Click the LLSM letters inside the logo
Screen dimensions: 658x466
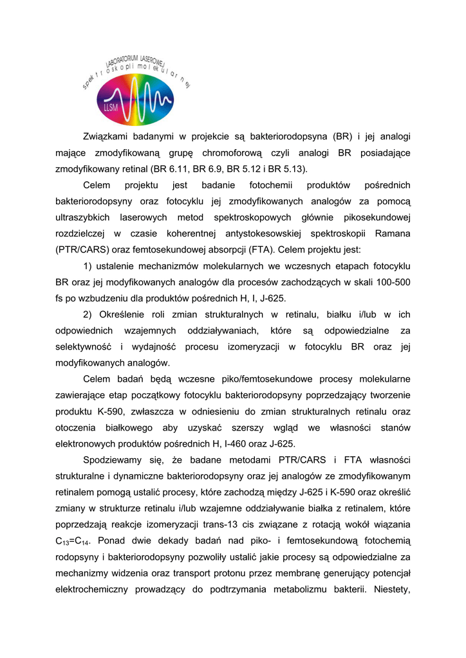(x=110, y=108)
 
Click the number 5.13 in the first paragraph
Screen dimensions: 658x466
(x=293, y=169)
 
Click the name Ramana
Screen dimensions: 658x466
(x=393, y=233)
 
